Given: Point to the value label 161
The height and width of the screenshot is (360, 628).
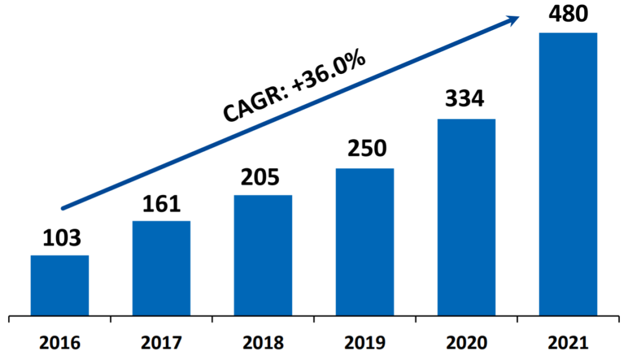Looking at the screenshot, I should pos(161,205).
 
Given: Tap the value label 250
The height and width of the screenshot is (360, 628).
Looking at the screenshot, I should pos(365,149).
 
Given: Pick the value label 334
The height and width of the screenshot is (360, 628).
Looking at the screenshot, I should pos(465,99).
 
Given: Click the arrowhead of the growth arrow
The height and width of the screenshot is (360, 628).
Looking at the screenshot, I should pos(513,20).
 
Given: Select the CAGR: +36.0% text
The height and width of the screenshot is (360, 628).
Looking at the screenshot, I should pos(294,87).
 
